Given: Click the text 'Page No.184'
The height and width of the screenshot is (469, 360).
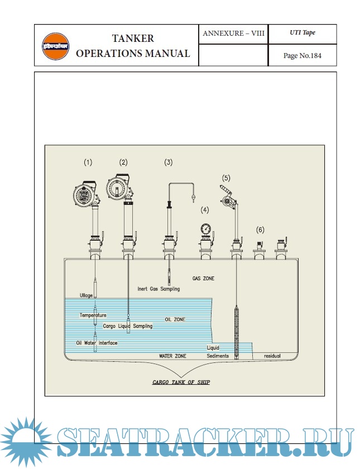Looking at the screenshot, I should click(302, 55).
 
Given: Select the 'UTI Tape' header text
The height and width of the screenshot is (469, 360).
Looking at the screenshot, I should click(302, 33).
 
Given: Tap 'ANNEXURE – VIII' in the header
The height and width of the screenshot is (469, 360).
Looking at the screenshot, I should click(233, 33).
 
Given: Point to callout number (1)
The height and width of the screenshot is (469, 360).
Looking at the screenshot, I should click(88, 162).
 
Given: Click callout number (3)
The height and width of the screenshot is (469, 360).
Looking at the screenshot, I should click(168, 162).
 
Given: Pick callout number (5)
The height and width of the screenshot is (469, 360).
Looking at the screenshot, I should click(226, 178).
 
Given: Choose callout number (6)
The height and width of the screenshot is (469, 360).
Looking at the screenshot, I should click(260, 229).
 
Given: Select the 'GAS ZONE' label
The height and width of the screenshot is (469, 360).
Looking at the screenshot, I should click(203, 278).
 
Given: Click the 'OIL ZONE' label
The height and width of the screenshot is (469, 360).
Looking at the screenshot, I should click(175, 319).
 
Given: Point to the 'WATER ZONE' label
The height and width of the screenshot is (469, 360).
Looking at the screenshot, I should click(172, 356).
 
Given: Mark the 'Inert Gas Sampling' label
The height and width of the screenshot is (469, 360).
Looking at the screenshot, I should click(159, 289).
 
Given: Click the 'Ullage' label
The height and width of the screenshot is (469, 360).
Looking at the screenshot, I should click(86, 295).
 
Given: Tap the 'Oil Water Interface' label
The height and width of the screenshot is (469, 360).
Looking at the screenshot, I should click(97, 343).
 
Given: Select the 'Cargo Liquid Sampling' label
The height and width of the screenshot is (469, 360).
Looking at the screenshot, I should click(128, 326).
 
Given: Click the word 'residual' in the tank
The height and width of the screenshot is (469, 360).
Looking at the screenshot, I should click(272, 356).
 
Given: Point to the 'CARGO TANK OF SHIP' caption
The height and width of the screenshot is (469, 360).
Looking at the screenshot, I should click(181, 382).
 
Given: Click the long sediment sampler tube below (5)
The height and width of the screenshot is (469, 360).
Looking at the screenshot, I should click(237, 329).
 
